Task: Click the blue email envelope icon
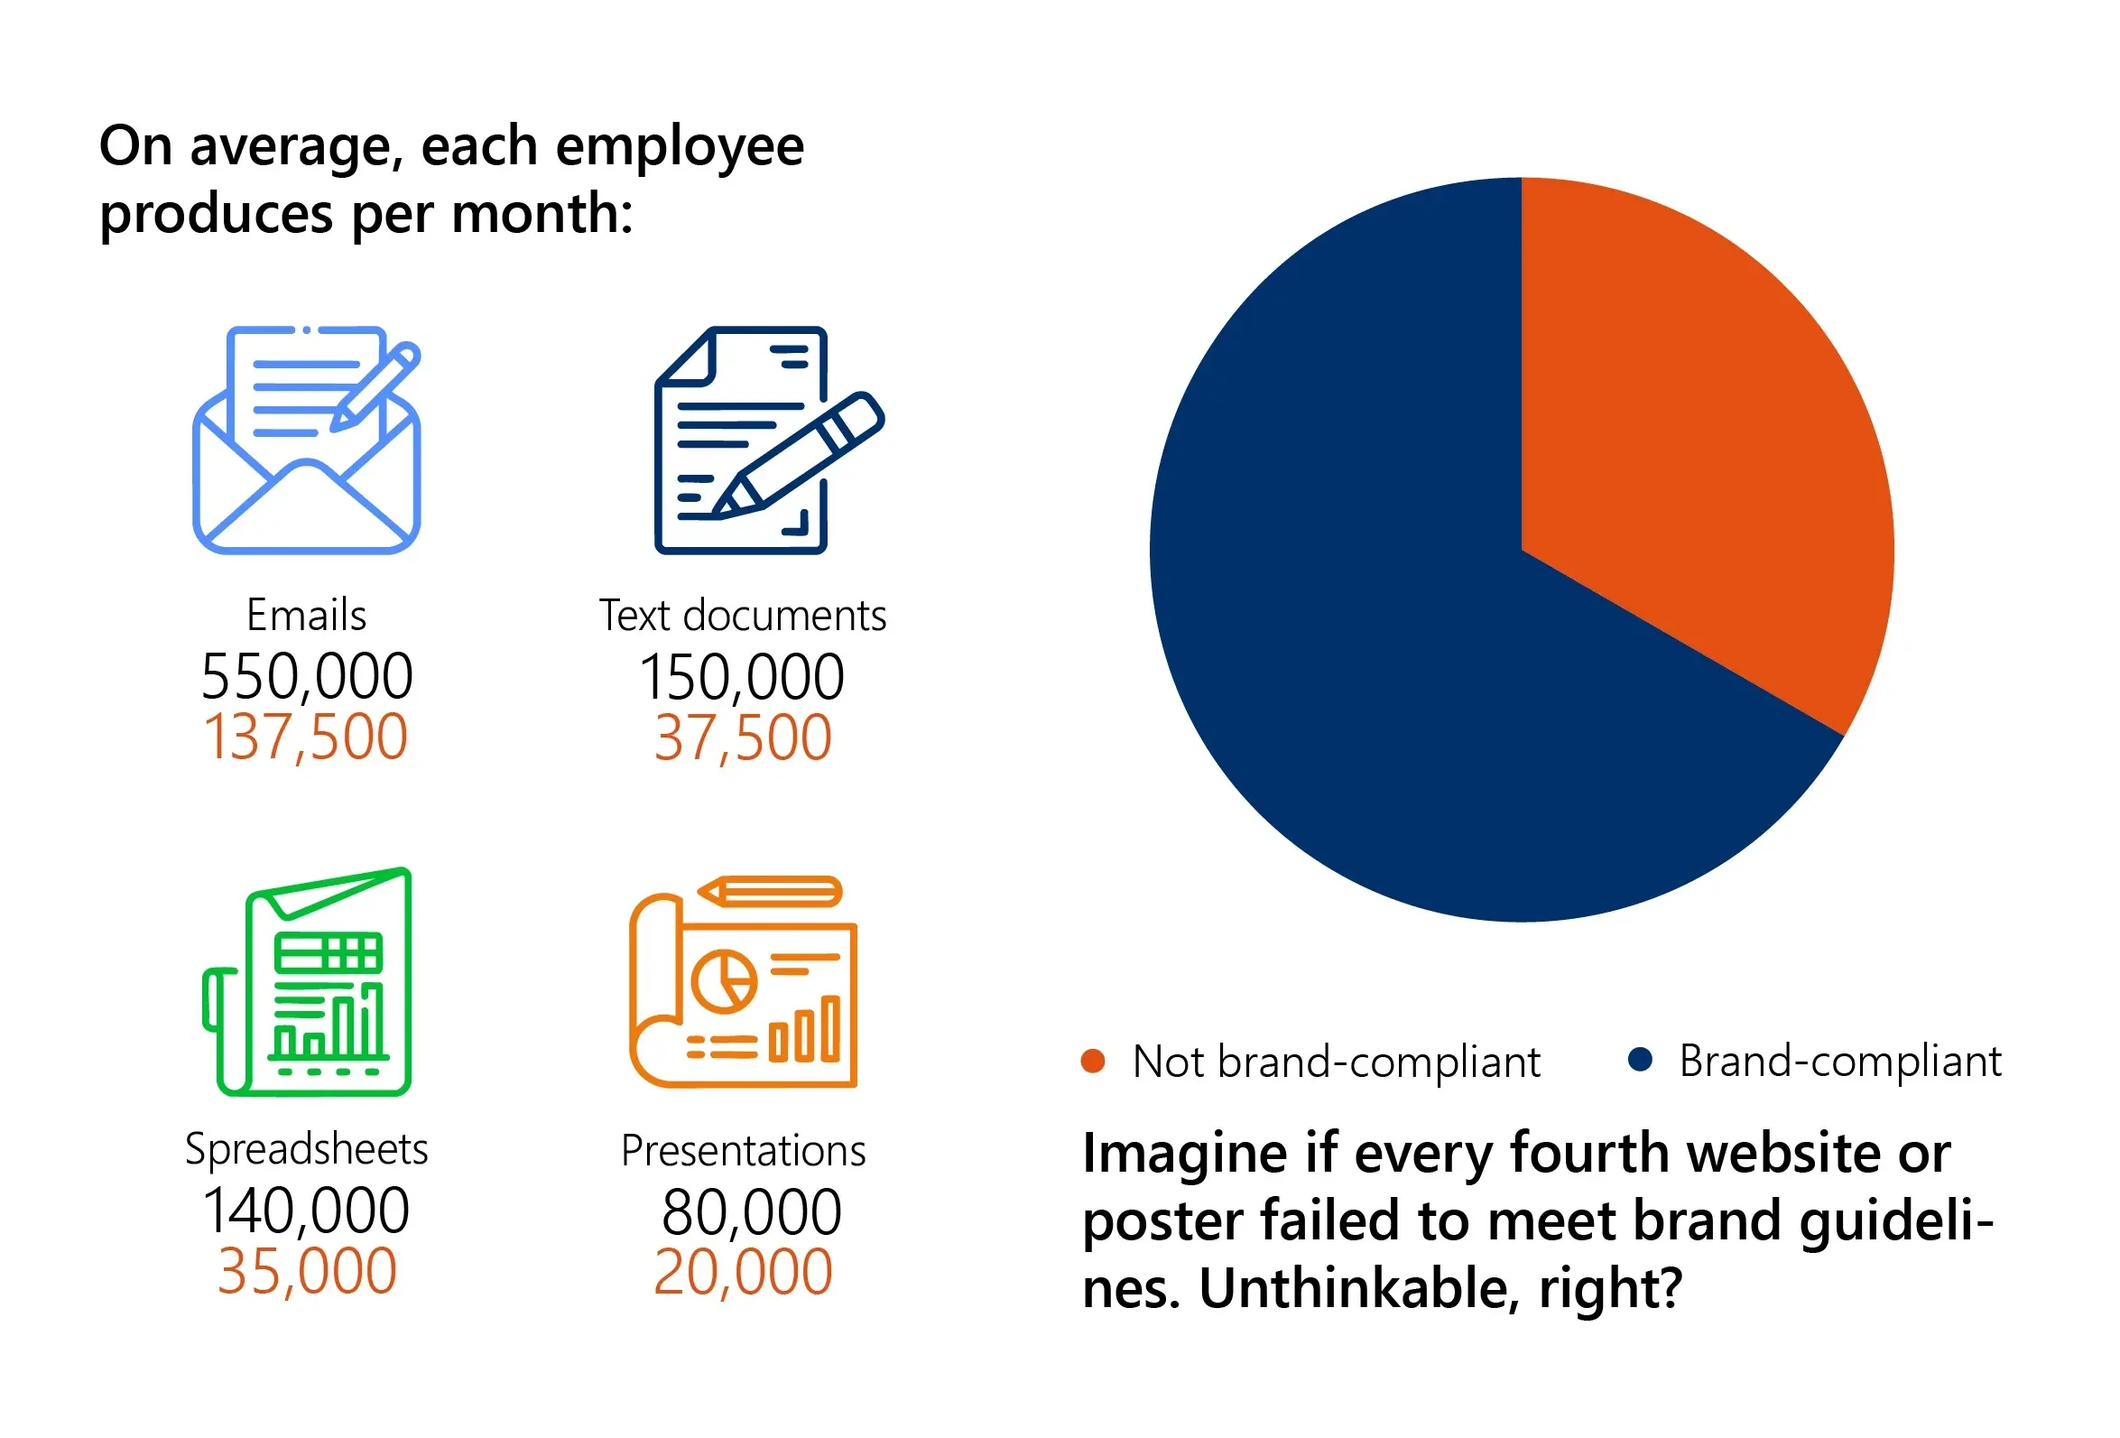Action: [x=307, y=440]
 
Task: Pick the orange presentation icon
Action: [x=743, y=983]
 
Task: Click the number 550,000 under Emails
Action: [x=307, y=676]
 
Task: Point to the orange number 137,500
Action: [x=306, y=737]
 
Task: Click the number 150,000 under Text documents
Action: [x=742, y=676]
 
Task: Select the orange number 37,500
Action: [x=743, y=738]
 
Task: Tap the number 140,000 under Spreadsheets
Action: [x=307, y=1211]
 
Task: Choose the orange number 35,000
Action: [x=308, y=1271]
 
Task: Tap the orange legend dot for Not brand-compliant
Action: [x=1092, y=1061]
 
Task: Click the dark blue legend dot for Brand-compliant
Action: [x=1639, y=1060]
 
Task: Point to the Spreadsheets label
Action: [x=307, y=1148]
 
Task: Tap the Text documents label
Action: [x=743, y=615]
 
